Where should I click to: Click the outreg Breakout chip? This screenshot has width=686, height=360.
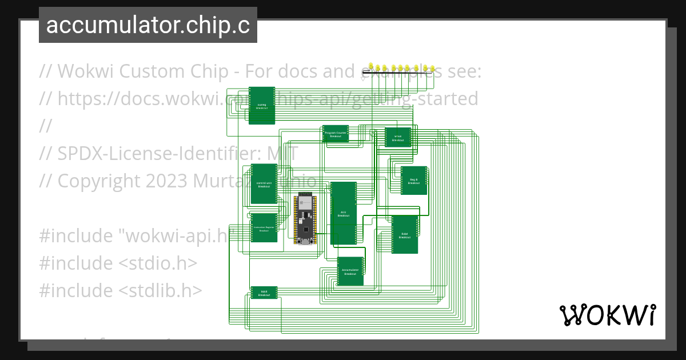[x=262, y=106]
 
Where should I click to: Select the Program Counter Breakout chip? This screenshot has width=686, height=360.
[x=336, y=134]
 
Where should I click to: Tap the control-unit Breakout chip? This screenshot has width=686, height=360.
[x=264, y=184]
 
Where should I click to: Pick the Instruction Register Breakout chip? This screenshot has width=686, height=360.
[x=264, y=228]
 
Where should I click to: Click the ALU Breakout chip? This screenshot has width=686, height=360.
[x=343, y=213]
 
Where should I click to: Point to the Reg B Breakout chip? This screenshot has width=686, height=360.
[x=413, y=181]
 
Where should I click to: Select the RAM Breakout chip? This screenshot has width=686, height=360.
[x=404, y=234]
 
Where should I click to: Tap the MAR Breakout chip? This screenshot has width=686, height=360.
[x=264, y=293]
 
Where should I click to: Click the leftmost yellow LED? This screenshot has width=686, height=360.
[x=372, y=67]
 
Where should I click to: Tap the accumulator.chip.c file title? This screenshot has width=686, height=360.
[x=148, y=25]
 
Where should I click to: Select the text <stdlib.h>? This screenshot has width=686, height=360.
[x=161, y=290]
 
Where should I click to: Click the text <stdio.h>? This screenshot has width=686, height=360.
[x=158, y=263]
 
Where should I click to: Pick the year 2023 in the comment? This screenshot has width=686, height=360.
[x=166, y=181]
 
